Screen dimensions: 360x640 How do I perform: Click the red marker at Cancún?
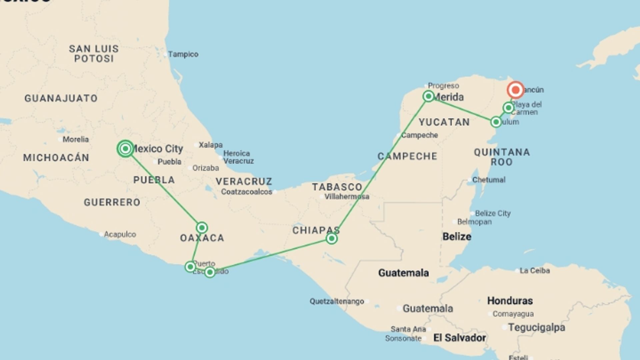pos(515,90)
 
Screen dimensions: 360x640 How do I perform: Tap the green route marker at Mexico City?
pos(125,149)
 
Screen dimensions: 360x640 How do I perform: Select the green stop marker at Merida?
pos(428,96)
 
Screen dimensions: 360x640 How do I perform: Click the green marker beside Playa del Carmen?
pos(508,108)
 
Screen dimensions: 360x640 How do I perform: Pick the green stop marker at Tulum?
pos(496,122)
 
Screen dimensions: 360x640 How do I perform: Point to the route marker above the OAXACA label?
pos(202,228)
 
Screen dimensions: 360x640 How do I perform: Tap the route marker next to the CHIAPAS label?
pos(332,239)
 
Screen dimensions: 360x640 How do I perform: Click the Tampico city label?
pos(183,54)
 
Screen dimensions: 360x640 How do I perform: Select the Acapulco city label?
pos(120,234)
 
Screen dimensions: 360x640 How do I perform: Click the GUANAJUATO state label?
pos(61,98)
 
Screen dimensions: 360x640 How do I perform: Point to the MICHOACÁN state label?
pos(56,158)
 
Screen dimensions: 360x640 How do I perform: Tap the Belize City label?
pos(493,213)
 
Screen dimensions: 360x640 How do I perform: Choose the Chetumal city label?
pos(489,180)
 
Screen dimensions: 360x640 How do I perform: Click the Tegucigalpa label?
pos(536,328)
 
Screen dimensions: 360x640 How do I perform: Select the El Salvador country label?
pos(459,338)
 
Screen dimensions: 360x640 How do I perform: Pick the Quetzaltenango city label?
pos(337,301)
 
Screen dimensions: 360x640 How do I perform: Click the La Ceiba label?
pos(534,271)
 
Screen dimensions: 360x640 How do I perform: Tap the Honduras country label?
pos(510,301)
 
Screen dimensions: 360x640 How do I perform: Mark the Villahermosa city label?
pos(347,197)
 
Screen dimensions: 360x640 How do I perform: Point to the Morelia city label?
pos(76,139)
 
